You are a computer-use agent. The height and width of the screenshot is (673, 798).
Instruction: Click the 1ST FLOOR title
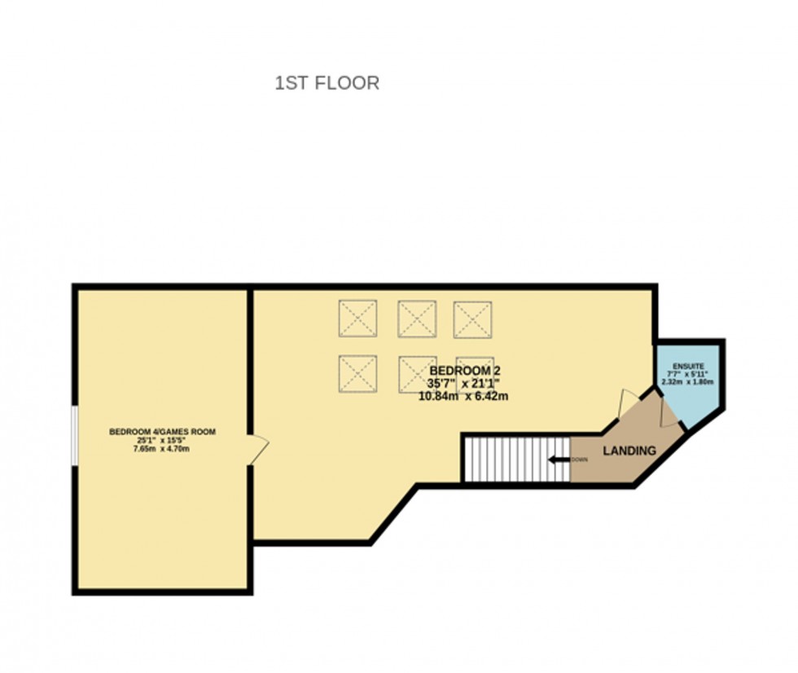click(x=327, y=83)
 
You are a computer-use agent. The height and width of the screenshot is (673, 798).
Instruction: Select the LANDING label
click(x=629, y=451)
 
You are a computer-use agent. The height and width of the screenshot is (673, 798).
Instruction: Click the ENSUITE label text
click(x=688, y=367)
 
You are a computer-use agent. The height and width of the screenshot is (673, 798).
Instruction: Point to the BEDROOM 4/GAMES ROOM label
click(x=162, y=432)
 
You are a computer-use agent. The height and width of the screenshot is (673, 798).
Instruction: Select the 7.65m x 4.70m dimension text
click(x=162, y=449)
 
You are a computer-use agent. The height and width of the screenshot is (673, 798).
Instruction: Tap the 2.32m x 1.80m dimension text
click(x=688, y=381)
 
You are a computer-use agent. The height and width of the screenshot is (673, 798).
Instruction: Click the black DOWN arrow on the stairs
click(x=558, y=460)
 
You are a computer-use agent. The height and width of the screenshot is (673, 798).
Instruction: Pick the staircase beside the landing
click(x=515, y=459)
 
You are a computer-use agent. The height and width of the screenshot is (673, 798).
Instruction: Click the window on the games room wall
click(x=74, y=436)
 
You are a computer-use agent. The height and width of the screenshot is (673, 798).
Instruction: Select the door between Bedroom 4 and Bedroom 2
click(x=258, y=449)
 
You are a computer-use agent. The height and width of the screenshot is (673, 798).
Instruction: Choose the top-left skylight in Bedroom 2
click(x=358, y=319)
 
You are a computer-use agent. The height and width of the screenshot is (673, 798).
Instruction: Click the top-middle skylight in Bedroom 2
click(x=416, y=319)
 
